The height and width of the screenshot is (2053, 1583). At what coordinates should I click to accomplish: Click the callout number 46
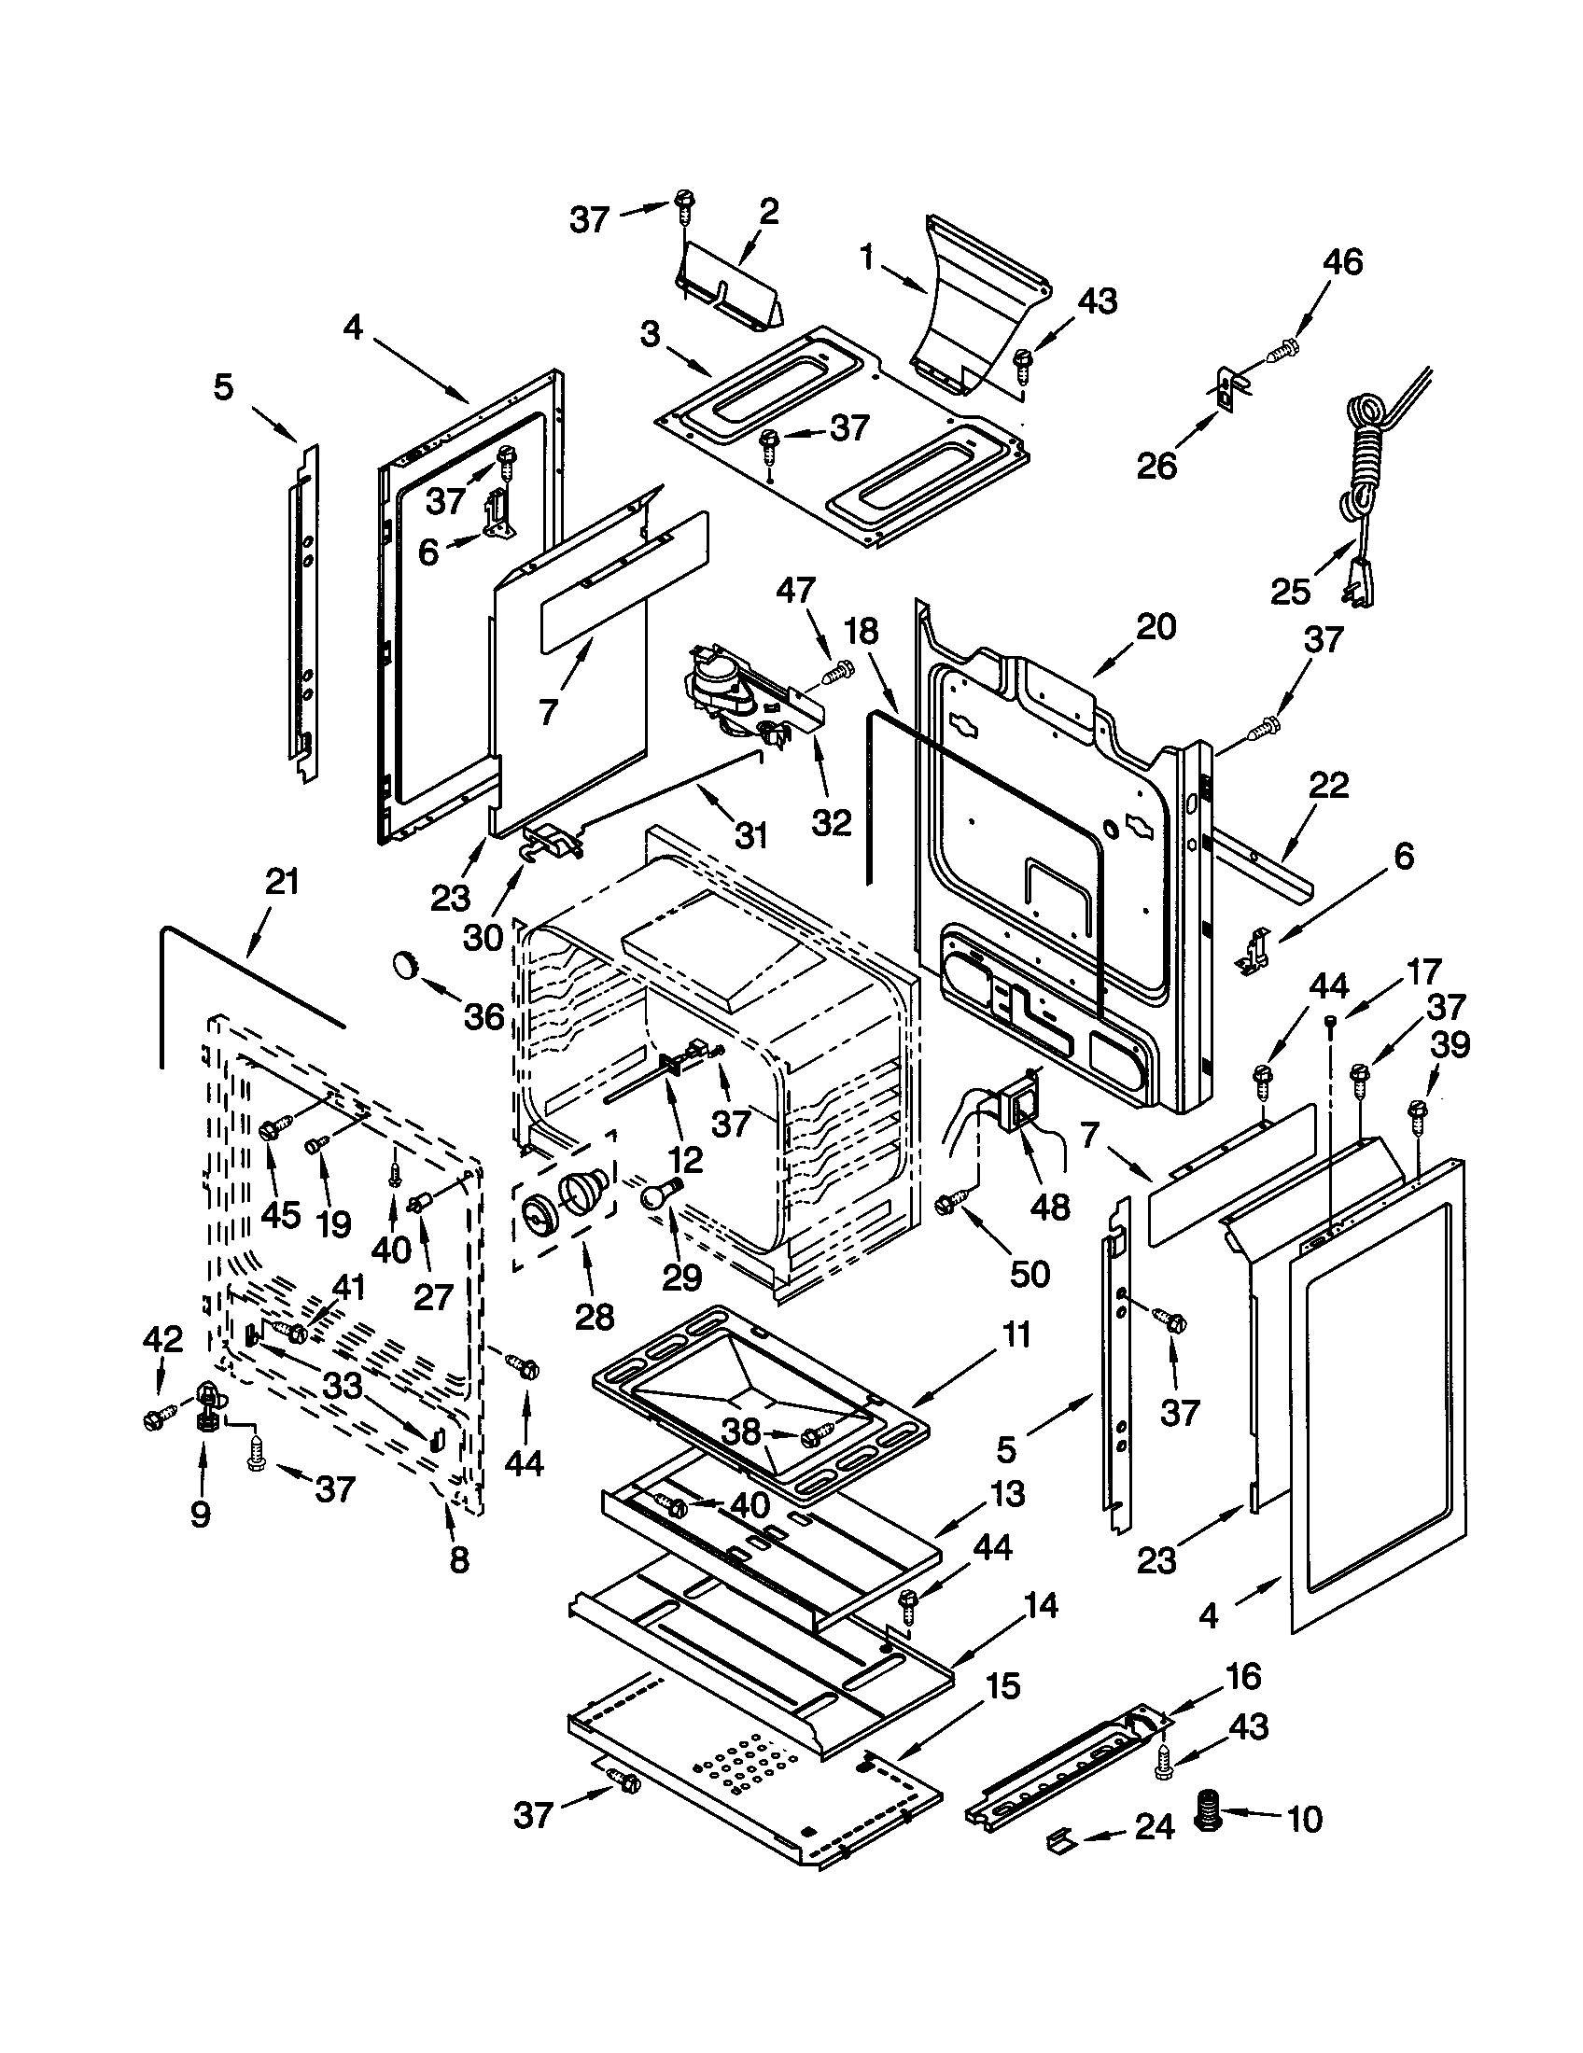point(1342,262)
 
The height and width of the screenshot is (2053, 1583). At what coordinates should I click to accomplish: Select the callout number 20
point(1156,627)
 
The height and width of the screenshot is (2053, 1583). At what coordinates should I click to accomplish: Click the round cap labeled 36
point(406,964)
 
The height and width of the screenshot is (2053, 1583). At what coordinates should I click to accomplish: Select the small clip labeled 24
point(1059,1837)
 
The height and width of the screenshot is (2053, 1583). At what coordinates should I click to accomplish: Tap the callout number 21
point(282,882)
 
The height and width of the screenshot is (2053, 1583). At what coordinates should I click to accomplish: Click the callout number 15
point(1003,1686)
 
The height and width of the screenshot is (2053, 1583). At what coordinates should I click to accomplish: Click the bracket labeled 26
point(1226,386)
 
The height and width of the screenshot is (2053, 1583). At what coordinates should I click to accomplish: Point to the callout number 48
point(1050,1208)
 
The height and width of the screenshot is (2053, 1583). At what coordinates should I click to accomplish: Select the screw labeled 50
point(951,1201)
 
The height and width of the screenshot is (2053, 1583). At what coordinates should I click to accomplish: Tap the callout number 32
point(831,822)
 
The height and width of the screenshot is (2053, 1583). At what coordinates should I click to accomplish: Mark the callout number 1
point(867,258)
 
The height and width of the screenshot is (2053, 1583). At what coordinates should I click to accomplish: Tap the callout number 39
point(1449,1045)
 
